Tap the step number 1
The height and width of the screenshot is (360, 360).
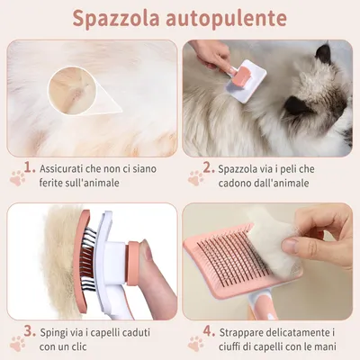tap(31, 167)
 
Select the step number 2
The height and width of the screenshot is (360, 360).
tap(208, 167)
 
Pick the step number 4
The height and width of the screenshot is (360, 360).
tap(208, 332)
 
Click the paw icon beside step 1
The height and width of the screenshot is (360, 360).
tap(15, 178)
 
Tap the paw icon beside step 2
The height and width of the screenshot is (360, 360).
tap(193, 178)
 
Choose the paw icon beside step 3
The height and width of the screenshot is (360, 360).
tap(15, 343)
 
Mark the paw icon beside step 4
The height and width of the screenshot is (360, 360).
tap(193, 343)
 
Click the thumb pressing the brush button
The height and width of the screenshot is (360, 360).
tap(156, 270)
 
